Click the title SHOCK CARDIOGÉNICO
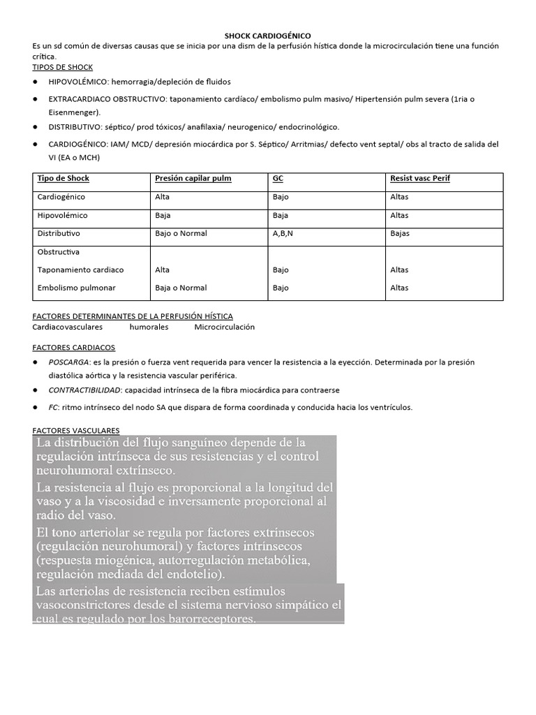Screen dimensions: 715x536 268,35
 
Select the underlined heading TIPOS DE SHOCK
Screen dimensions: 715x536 63,66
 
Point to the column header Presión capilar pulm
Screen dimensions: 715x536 193,179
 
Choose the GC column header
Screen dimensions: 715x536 278,179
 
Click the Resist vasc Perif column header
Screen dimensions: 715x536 420,179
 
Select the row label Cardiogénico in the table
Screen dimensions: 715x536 60,197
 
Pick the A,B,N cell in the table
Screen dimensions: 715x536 283,233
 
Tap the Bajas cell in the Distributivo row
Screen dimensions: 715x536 400,233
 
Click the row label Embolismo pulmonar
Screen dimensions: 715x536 77,288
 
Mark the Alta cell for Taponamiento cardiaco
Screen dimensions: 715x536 162,270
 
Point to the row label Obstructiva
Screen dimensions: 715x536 59,251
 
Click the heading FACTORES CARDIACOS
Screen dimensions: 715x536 74,347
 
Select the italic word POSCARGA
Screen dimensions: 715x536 68,362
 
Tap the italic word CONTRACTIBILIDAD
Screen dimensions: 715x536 85,390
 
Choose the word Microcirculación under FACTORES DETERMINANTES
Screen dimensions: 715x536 225,327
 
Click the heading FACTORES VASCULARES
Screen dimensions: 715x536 76,430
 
